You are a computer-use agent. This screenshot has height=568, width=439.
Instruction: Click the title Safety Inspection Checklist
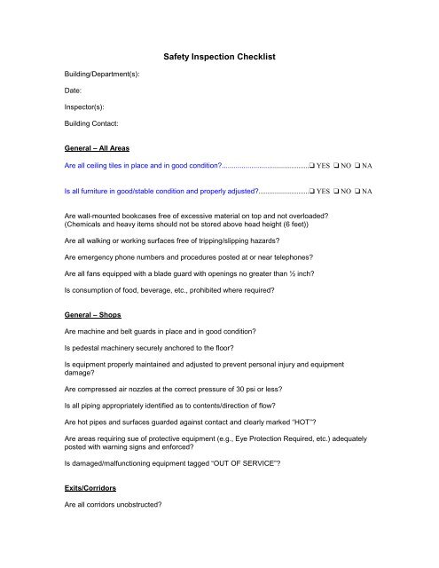pyautogui.click(x=221, y=58)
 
